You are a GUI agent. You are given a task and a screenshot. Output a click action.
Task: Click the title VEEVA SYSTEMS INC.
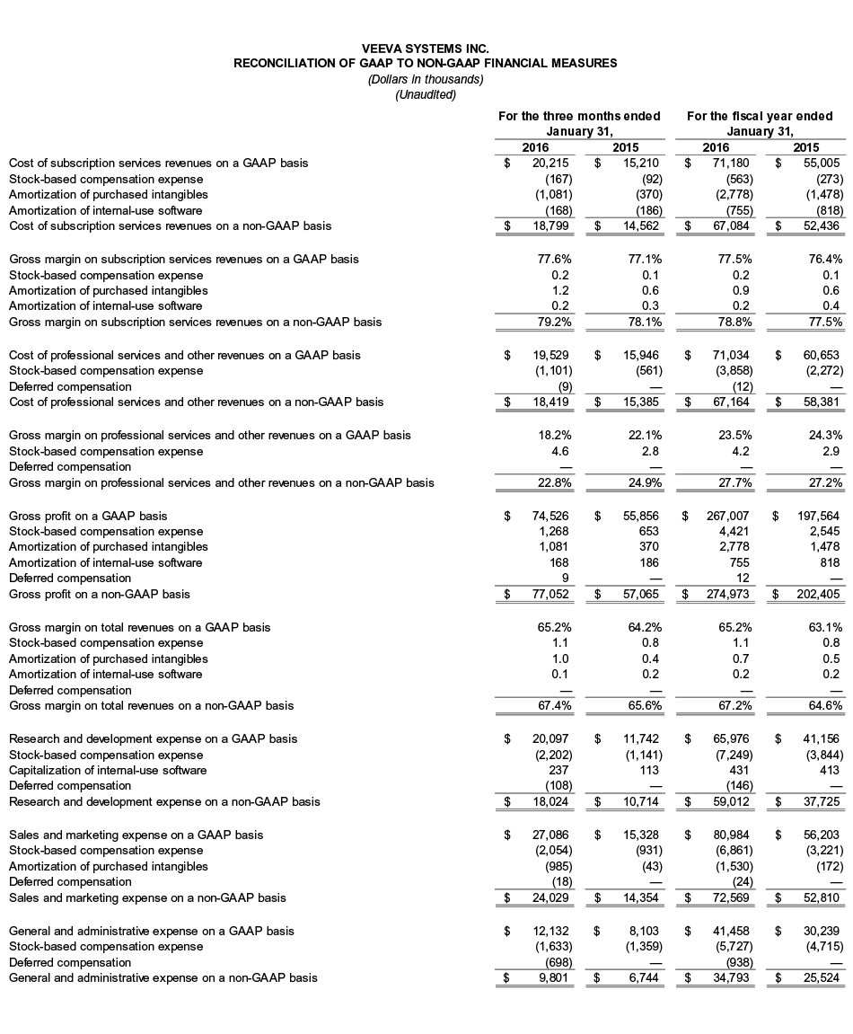[426, 49]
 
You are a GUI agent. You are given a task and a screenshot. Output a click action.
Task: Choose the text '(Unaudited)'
[426, 94]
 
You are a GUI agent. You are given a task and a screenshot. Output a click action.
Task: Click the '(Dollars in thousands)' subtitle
[426, 79]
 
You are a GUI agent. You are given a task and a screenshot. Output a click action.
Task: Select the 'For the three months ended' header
[579, 116]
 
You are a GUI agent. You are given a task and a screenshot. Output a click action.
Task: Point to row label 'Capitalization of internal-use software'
[108, 770]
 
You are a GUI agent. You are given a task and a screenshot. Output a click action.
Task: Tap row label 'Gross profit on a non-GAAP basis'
[99, 594]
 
